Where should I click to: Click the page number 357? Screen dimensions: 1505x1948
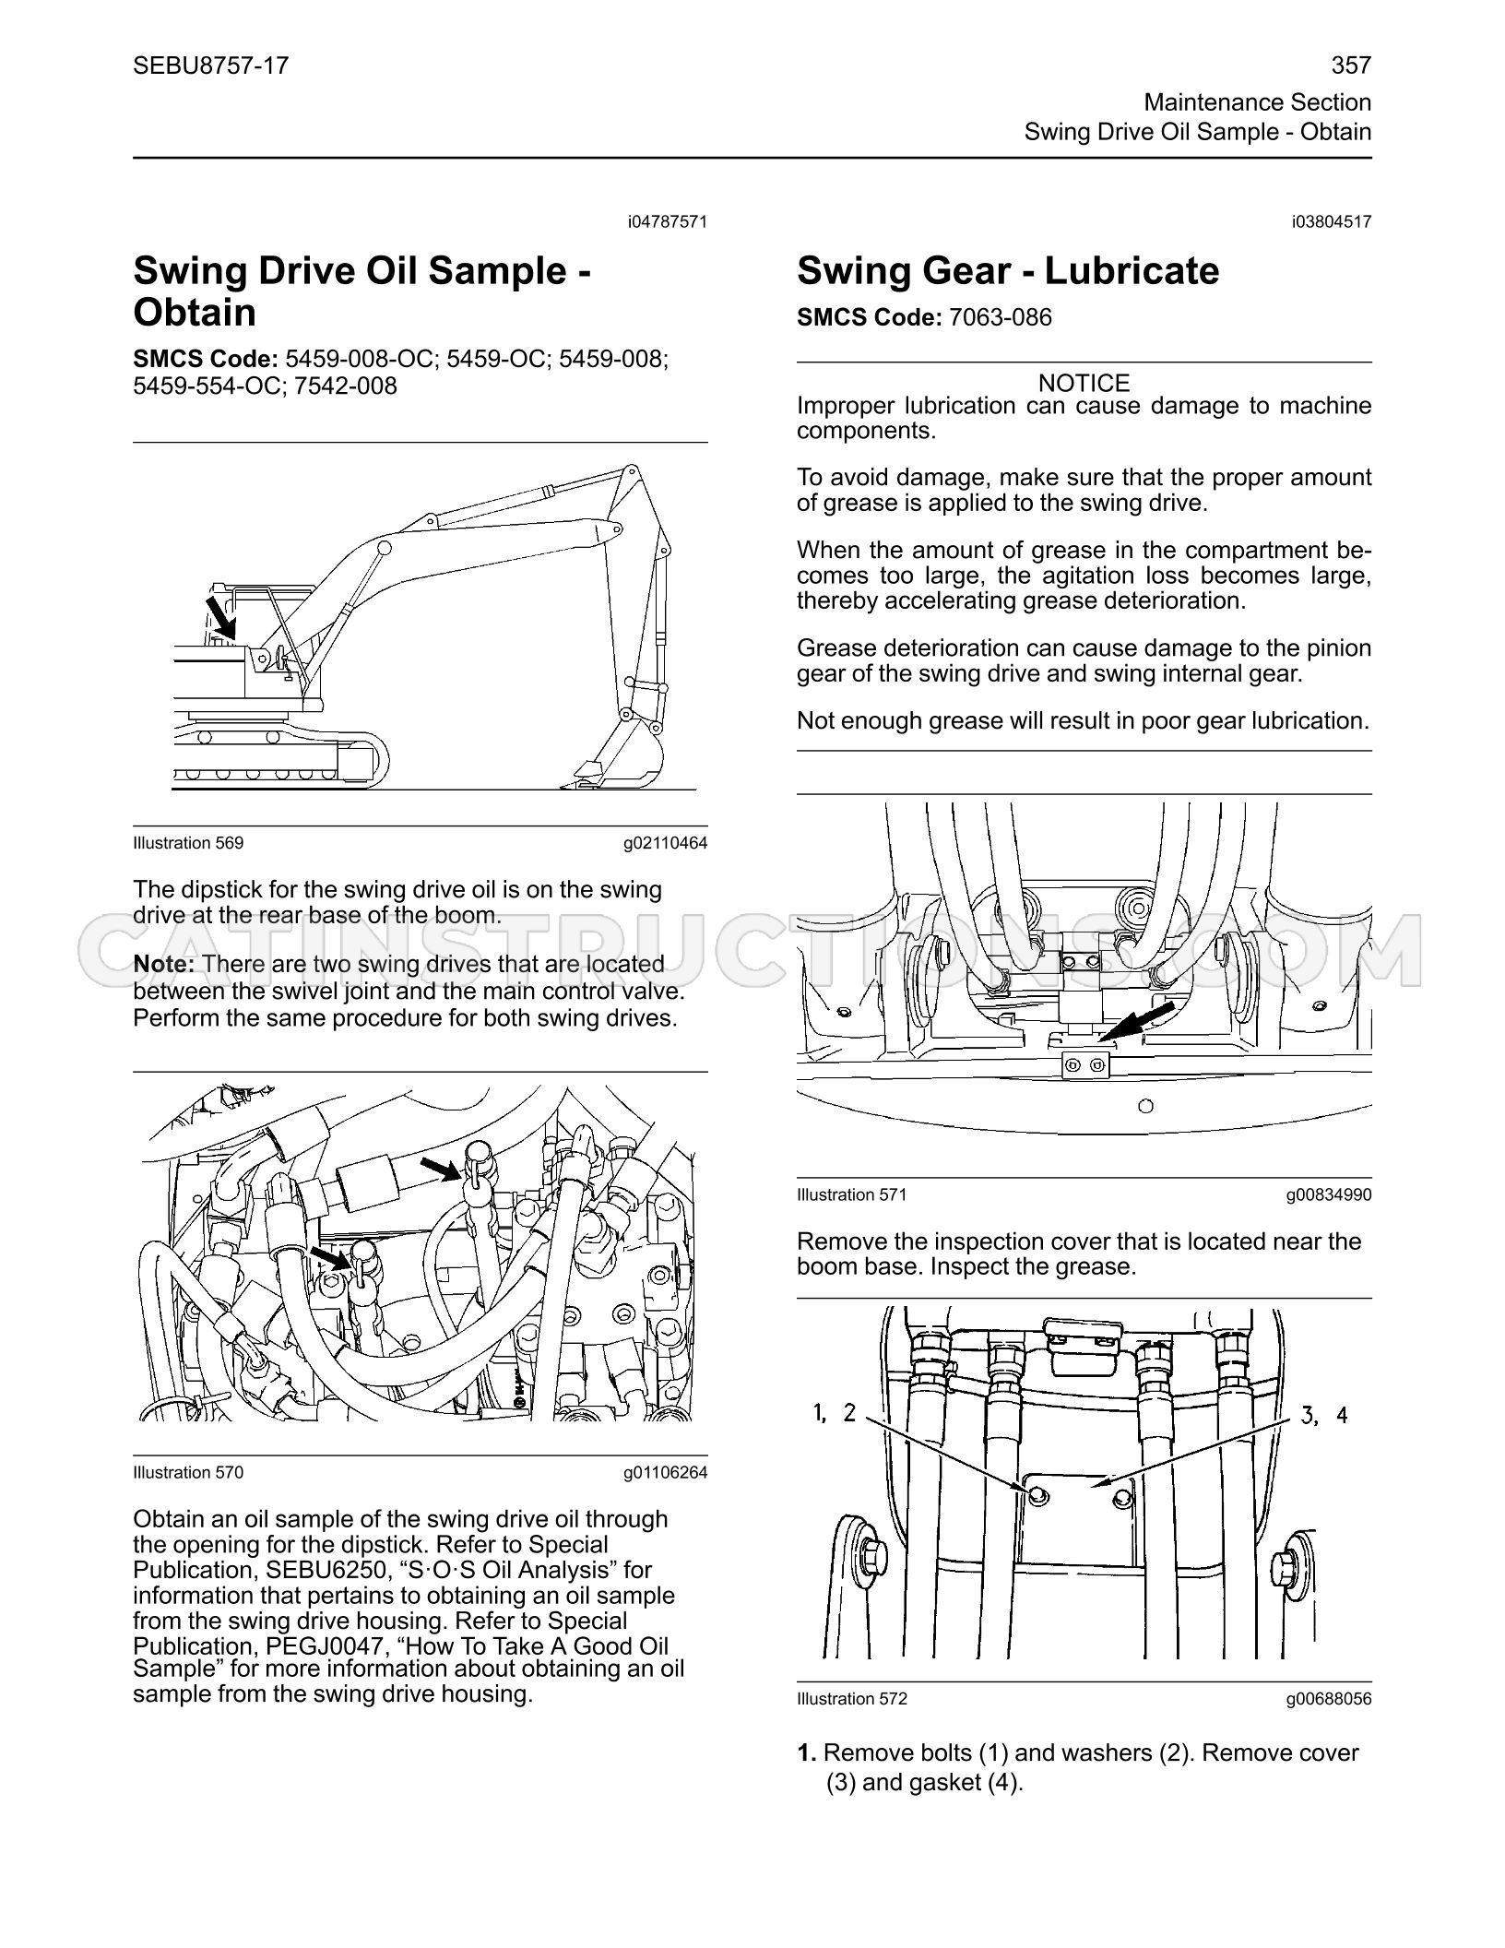point(1351,65)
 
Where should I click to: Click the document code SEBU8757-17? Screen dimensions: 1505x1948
point(210,65)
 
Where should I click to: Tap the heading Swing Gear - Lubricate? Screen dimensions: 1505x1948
point(1008,270)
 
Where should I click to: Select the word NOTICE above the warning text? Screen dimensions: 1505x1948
point(1084,383)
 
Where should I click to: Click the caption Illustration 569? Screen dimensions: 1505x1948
point(188,843)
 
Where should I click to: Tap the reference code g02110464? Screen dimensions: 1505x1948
point(665,843)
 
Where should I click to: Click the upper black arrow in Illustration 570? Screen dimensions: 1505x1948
point(441,1170)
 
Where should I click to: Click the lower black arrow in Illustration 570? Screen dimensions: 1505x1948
point(333,1258)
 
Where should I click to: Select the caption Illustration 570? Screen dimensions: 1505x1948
point(188,1473)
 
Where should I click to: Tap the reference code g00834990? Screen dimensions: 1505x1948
point(1329,1195)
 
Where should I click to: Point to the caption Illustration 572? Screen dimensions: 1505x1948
point(852,1699)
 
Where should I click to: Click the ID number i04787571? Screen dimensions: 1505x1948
point(668,221)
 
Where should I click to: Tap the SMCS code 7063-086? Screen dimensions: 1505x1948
point(1001,317)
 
